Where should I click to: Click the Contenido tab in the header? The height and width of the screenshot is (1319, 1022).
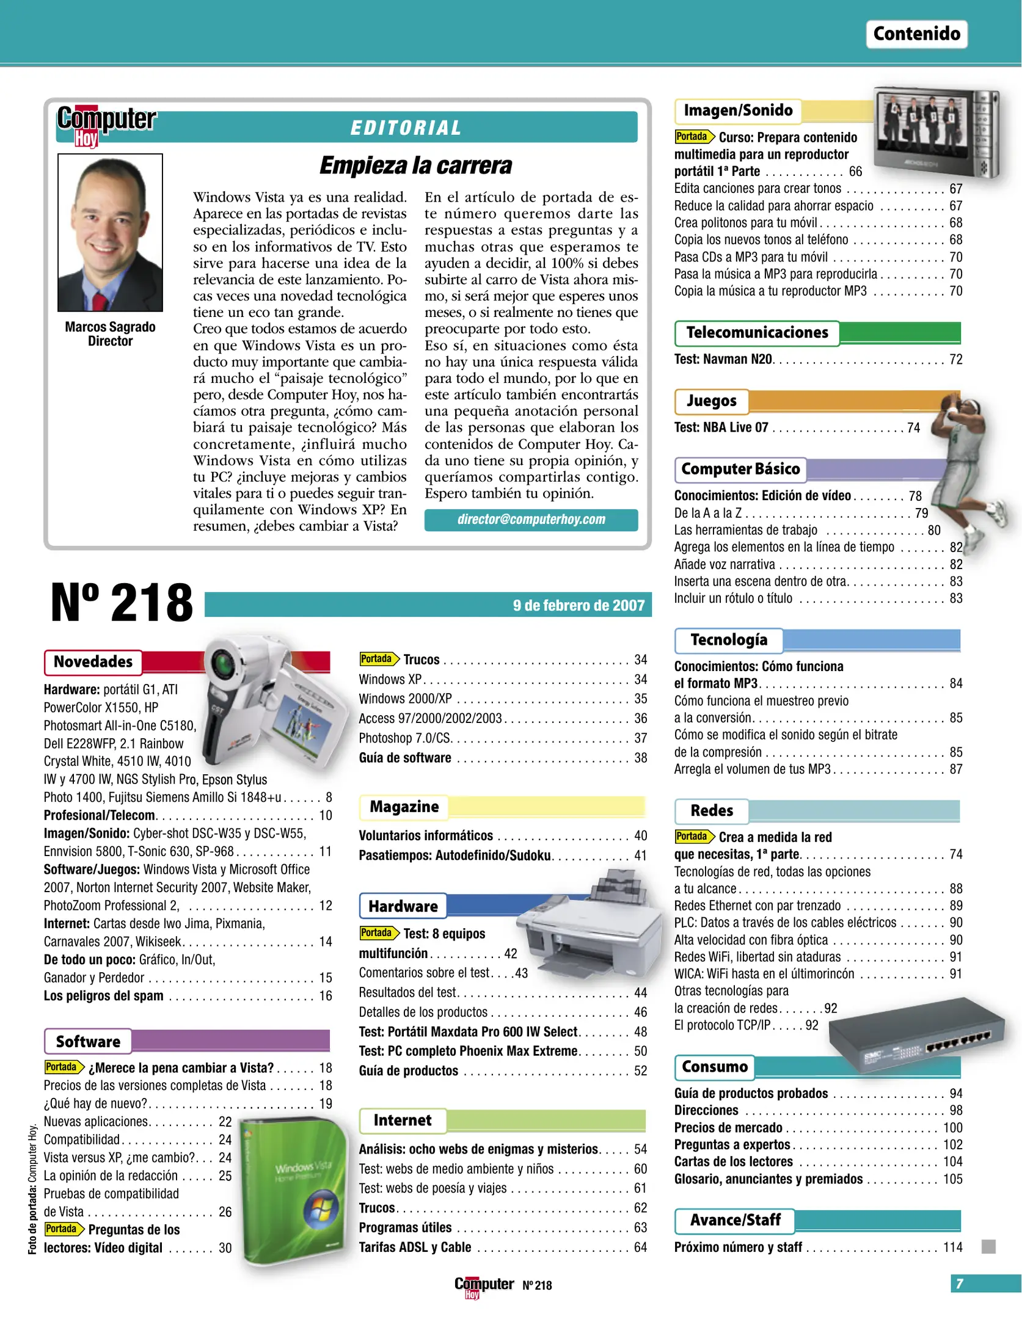coord(916,34)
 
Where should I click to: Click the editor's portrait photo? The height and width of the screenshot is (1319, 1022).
coord(110,232)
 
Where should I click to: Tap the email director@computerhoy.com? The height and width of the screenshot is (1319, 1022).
coord(531,520)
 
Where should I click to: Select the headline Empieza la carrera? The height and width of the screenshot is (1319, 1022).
coord(415,165)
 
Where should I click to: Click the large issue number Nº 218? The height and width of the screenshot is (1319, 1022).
coord(122,603)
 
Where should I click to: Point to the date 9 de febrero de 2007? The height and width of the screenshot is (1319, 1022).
coord(578,605)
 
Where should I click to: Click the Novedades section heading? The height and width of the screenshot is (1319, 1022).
coord(93,662)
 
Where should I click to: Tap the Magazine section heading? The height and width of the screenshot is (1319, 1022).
coord(404,807)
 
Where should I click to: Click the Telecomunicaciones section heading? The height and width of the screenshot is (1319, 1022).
coord(757,333)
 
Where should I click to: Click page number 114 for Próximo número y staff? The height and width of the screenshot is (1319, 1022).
coord(952,1247)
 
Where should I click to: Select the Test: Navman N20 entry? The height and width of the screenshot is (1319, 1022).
coord(723,359)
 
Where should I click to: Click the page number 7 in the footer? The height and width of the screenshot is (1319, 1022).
coord(960,1284)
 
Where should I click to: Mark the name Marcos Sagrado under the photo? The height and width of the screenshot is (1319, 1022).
coord(110,327)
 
